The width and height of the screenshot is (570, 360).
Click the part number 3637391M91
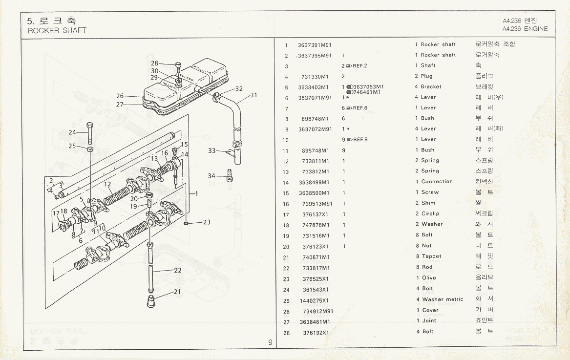point(315,45)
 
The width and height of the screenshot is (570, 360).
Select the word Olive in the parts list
point(429,278)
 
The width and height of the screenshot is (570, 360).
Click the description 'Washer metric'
point(443,299)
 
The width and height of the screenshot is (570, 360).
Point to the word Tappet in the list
point(431,256)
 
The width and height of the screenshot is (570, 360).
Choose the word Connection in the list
point(437,182)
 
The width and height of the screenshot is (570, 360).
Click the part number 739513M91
point(317,203)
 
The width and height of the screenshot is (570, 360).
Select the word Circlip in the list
point(430,213)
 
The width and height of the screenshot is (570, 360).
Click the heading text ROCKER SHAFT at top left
point(57,30)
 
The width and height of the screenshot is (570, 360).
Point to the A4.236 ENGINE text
point(525,29)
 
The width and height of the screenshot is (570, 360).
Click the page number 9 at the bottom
point(270,342)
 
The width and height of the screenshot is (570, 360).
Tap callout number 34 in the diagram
point(211,176)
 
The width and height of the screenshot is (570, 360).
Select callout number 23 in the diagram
point(207,222)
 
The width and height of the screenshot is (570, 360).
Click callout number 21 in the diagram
point(177,292)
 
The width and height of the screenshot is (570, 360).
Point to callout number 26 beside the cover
point(120,96)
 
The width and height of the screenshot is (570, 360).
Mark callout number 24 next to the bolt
point(72,132)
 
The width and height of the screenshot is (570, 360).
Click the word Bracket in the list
point(431,87)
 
